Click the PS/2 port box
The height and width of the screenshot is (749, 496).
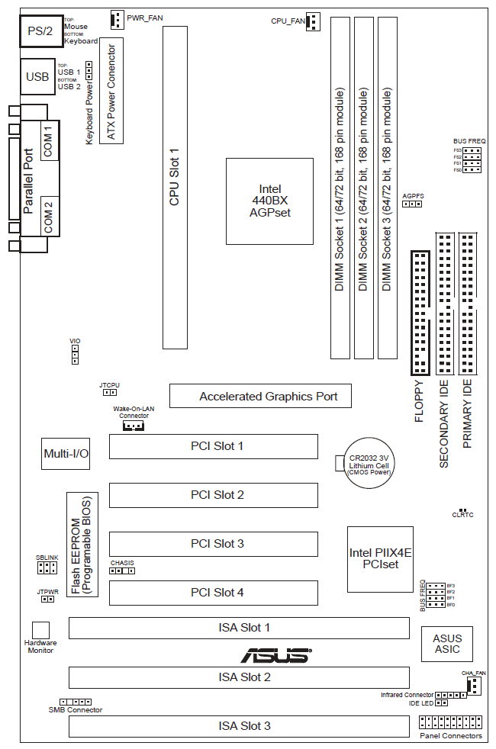click(x=40, y=31)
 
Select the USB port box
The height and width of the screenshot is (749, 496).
click(x=37, y=77)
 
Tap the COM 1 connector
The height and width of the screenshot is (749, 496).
click(x=48, y=141)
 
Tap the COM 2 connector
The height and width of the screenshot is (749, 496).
click(x=48, y=216)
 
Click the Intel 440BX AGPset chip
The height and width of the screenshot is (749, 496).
click(x=269, y=201)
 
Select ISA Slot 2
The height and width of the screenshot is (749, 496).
click(x=239, y=677)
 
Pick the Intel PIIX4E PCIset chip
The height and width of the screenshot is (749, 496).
click(x=379, y=559)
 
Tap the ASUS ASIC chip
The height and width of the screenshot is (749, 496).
click(x=447, y=644)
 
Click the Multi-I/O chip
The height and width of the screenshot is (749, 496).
click(x=66, y=454)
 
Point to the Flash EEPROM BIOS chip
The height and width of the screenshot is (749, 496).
click(x=81, y=545)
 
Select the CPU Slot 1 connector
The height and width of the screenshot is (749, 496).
click(x=175, y=188)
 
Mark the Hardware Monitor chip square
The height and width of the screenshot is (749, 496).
click(x=40, y=629)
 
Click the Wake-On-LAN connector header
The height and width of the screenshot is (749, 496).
click(x=134, y=426)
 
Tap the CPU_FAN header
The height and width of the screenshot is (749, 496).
click(x=314, y=21)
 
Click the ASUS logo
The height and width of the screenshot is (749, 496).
click(x=275, y=654)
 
